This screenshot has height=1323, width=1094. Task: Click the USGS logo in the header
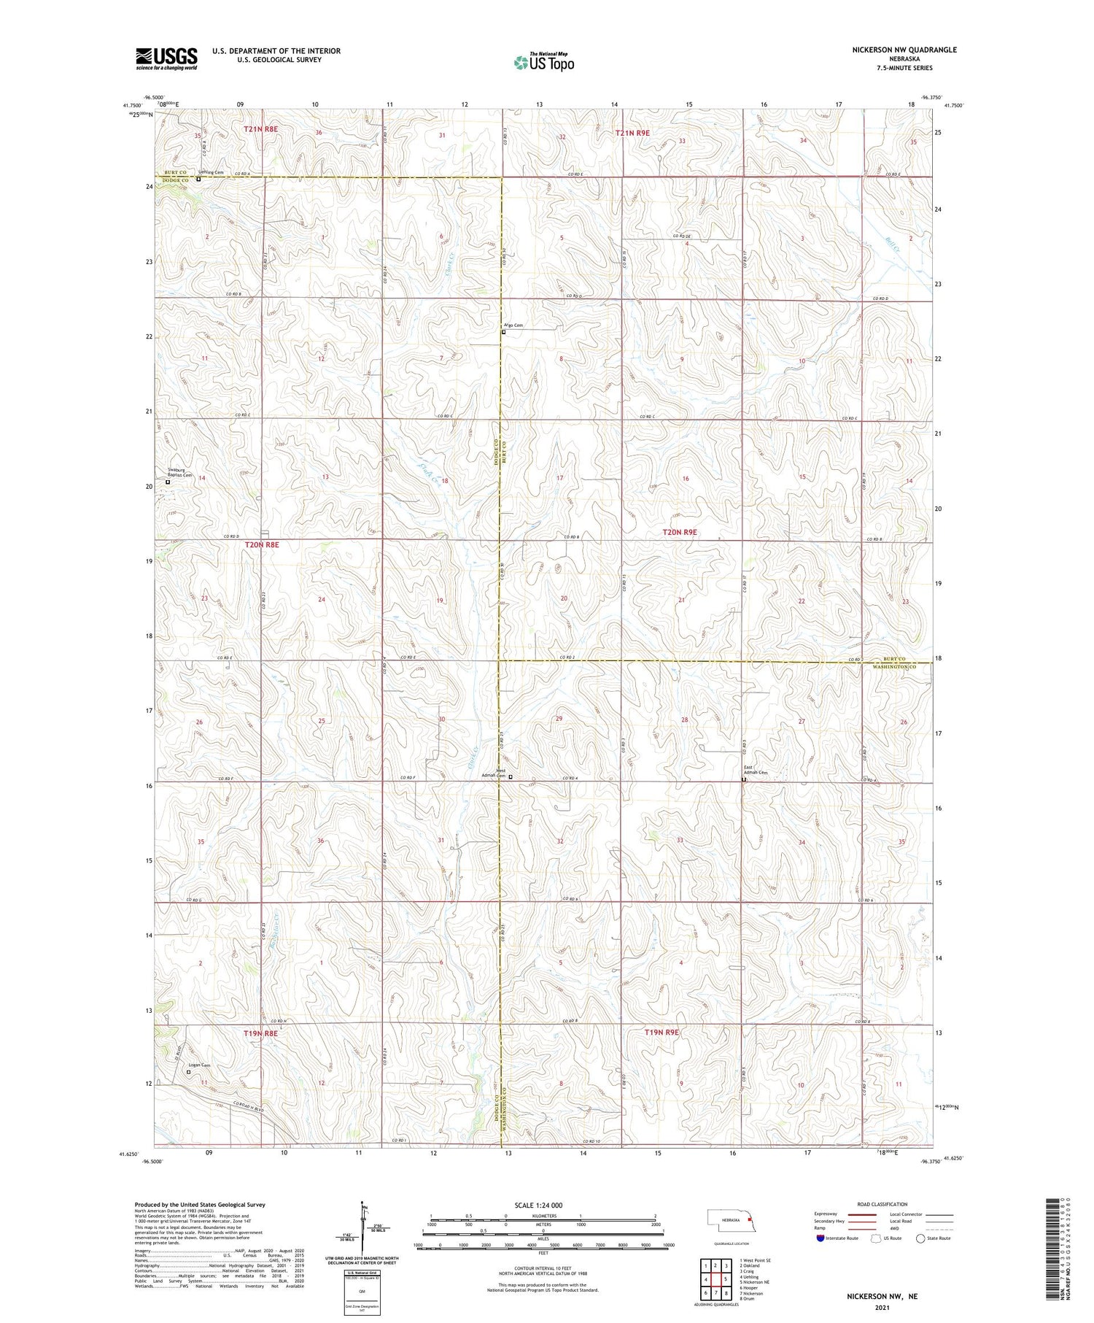pyautogui.click(x=166, y=58)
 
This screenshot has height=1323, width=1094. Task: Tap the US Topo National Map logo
pyautogui.click(x=544, y=62)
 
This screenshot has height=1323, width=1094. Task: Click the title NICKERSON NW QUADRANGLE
pyautogui.click(x=904, y=50)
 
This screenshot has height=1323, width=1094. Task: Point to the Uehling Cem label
pyautogui.click(x=211, y=172)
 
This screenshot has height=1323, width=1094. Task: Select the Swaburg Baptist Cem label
pyautogui.click(x=179, y=473)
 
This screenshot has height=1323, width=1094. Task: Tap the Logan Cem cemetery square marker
pyautogui.click(x=188, y=1072)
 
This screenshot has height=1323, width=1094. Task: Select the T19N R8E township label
pyautogui.click(x=260, y=1033)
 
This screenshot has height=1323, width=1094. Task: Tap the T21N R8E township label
pyautogui.click(x=260, y=129)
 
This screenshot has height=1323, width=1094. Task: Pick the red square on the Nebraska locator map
pyautogui.click(x=749, y=1220)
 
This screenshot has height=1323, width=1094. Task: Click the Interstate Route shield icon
pyautogui.click(x=821, y=1238)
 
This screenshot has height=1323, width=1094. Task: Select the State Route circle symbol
pyautogui.click(x=920, y=1238)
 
